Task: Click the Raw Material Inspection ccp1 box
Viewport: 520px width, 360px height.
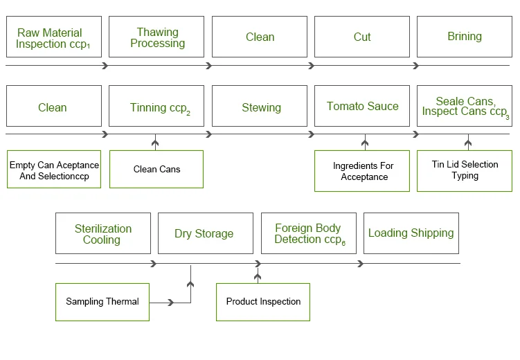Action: coord(53,37)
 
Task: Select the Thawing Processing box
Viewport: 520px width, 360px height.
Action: coord(156,37)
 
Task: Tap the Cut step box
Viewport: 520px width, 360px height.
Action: coord(362,37)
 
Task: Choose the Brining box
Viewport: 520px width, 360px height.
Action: coord(464,37)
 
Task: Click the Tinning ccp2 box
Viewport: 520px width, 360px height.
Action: coord(156,107)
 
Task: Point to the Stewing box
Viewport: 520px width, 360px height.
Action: coord(260,107)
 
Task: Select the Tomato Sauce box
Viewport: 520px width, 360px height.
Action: coord(362,107)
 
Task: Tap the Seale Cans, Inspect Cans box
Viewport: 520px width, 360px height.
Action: coord(464,107)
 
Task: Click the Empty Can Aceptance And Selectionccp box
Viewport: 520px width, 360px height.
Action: coord(53,170)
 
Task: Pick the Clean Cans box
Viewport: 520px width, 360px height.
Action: coord(156,170)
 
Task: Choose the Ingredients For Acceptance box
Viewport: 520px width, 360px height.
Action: coord(364,171)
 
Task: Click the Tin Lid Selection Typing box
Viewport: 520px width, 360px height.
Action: coord(464,171)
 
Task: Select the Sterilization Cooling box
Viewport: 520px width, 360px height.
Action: coord(102,233)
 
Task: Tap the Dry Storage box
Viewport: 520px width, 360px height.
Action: coord(204,233)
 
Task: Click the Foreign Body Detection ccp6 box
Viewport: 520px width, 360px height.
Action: coord(308,233)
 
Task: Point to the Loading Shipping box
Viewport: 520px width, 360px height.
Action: coord(411,233)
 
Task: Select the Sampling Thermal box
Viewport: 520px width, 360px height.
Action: coord(102,302)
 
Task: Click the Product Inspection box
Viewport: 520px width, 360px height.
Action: coord(263,302)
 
